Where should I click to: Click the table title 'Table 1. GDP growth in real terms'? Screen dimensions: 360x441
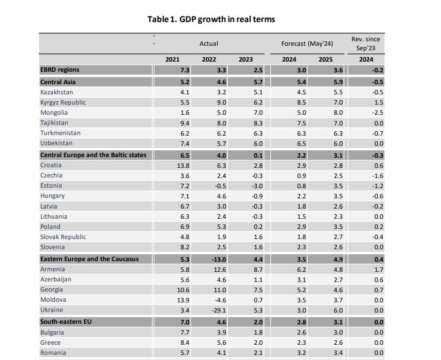211,19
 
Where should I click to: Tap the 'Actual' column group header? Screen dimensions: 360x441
209,44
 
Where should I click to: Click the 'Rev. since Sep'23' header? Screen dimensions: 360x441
366,44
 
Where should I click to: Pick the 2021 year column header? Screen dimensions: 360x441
172,59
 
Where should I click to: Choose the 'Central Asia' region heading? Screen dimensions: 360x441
59,82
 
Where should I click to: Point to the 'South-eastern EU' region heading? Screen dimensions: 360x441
66,321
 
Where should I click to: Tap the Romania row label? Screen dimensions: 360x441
53,353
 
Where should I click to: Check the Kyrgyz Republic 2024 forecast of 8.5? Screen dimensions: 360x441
301,102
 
